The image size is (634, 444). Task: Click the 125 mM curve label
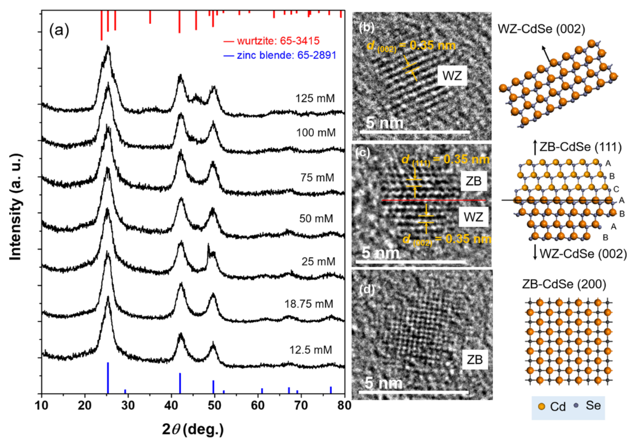(x=315, y=99)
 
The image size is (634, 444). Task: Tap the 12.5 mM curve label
(x=311, y=350)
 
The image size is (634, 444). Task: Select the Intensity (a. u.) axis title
(x=16, y=207)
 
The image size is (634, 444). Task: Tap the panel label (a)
(x=59, y=31)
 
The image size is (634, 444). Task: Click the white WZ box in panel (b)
(x=452, y=76)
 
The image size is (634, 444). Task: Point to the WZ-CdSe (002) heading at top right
(x=541, y=29)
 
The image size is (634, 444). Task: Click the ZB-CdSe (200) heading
(x=564, y=284)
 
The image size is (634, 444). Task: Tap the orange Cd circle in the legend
(x=542, y=406)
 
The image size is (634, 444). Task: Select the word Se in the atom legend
(x=593, y=405)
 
